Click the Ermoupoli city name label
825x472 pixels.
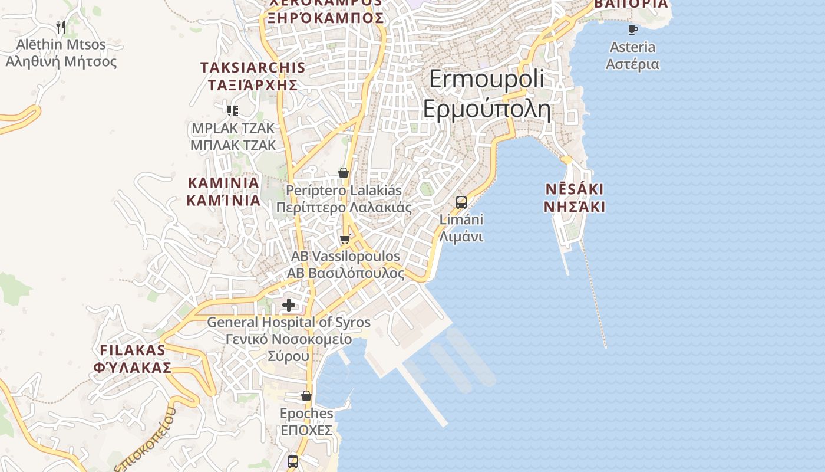(x=487, y=94)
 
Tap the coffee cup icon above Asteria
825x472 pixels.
(x=633, y=29)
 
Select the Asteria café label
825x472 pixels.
(x=632, y=55)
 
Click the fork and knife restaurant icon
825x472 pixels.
(x=60, y=27)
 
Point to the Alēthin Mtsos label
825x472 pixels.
(x=61, y=53)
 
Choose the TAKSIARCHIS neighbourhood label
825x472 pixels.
(x=253, y=76)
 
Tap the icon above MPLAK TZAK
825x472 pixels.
(x=233, y=110)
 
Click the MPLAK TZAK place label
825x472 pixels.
(x=233, y=137)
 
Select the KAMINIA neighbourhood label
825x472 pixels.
(x=223, y=191)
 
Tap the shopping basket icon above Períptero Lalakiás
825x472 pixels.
(x=344, y=173)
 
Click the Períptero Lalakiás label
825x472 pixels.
(x=344, y=199)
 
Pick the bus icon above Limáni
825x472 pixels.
(x=461, y=202)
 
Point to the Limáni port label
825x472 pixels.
(x=461, y=228)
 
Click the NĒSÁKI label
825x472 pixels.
(x=574, y=198)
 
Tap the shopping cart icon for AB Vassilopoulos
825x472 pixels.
(x=345, y=239)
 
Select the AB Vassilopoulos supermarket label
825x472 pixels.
(x=345, y=265)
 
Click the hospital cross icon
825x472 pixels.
(x=289, y=305)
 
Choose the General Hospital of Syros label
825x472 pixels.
(x=289, y=339)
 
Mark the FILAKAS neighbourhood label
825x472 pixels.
(x=133, y=359)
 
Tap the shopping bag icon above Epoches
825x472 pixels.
(x=306, y=396)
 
